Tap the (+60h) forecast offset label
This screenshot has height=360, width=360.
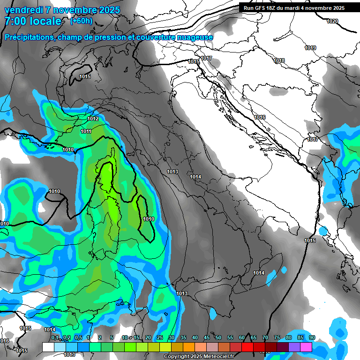[x=81, y=21]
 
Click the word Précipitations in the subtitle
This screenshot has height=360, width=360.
[x=29, y=37]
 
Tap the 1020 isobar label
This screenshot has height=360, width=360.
[x=332, y=21]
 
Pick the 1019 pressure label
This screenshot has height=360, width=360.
[x=310, y=48]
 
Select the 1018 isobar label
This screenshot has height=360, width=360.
[x=279, y=60]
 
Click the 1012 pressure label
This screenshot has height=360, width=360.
[x=93, y=119]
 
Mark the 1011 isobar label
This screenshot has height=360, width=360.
[x=86, y=131]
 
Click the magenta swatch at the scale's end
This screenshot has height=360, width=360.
[x=306, y=347]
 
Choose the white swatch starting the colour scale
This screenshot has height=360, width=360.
[x=48, y=347]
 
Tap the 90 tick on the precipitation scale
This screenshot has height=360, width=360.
[x=312, y=338]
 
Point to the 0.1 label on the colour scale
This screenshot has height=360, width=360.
[x=55, y=338]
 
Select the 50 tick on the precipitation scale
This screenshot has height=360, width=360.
[x=218, y=338]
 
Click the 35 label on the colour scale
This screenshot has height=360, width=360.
[x=183, y=338]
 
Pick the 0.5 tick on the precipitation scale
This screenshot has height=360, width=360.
[x=78, y=338]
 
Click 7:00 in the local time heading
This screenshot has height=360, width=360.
[x=16, y=21]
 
